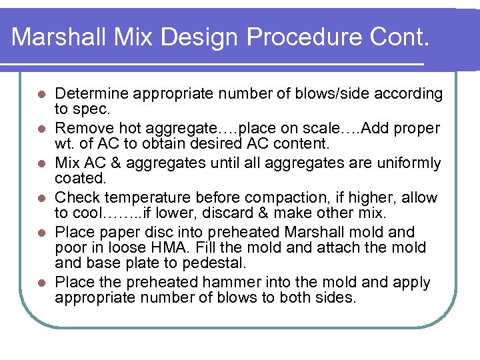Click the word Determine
86,94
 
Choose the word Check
75,198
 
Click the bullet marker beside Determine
41,94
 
